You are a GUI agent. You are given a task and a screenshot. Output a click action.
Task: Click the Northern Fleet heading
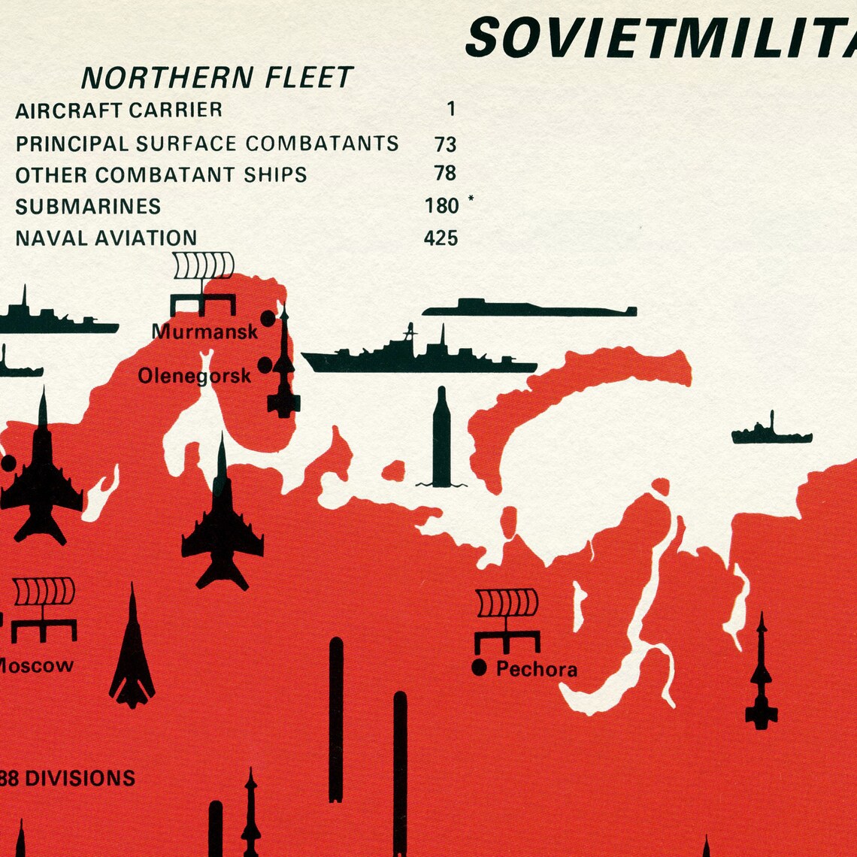point(217,78)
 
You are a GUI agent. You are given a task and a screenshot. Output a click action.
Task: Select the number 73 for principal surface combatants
point(445,144)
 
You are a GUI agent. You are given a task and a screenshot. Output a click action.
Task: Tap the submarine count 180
point(441,206)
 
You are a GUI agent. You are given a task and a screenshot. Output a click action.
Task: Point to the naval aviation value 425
point(441,238)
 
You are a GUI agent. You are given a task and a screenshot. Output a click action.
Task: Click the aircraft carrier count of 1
point(451,110)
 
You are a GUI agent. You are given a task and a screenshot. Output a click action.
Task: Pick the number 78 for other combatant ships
point(445,174)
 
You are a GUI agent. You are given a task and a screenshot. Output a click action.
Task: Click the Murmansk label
point(204,332)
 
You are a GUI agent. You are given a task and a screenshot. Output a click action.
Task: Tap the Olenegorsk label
point(194,375)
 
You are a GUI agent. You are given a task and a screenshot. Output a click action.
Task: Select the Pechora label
point(537,669)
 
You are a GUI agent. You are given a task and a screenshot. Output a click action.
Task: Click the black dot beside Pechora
point(479,667)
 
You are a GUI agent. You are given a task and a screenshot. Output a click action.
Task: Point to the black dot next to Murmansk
point(268,319)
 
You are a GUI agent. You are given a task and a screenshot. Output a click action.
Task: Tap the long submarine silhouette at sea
point(528,308)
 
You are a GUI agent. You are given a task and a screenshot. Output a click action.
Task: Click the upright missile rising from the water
point(441,438)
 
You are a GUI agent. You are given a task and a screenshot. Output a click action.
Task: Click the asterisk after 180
point(471,199)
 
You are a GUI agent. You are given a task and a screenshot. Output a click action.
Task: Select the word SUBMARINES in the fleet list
point(88,206)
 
